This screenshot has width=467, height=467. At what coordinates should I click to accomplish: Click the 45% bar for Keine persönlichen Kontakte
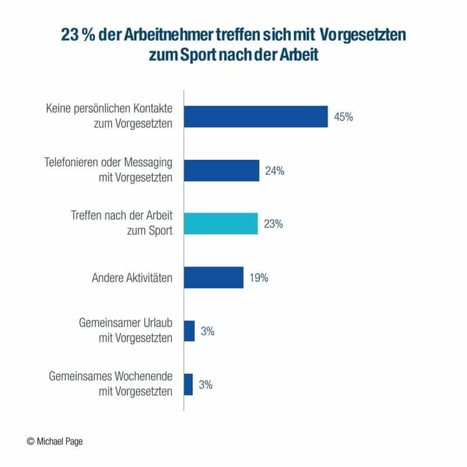pos(256,117)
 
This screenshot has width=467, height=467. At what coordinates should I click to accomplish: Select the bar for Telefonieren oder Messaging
pos(222,170)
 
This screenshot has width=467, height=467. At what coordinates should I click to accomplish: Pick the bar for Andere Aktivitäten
pos(214,277)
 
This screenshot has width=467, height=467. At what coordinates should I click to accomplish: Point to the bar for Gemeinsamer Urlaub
pos(189,331)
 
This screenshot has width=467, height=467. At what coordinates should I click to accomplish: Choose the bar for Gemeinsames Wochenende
pos(189,385)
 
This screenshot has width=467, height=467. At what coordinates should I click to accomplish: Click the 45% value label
pos(343,117)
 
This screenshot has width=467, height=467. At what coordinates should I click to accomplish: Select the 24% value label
pos(275,170)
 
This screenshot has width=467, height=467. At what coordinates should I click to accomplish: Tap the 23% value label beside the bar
pos(273,224)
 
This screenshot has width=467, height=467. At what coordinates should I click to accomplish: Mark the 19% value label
pos(258,278)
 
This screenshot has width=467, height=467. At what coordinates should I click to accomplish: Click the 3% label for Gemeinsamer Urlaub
pos(207,331)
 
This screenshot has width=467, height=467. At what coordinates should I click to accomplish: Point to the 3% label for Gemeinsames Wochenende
pos(205,385)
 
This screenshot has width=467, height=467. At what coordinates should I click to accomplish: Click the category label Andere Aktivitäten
pos(128,278)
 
